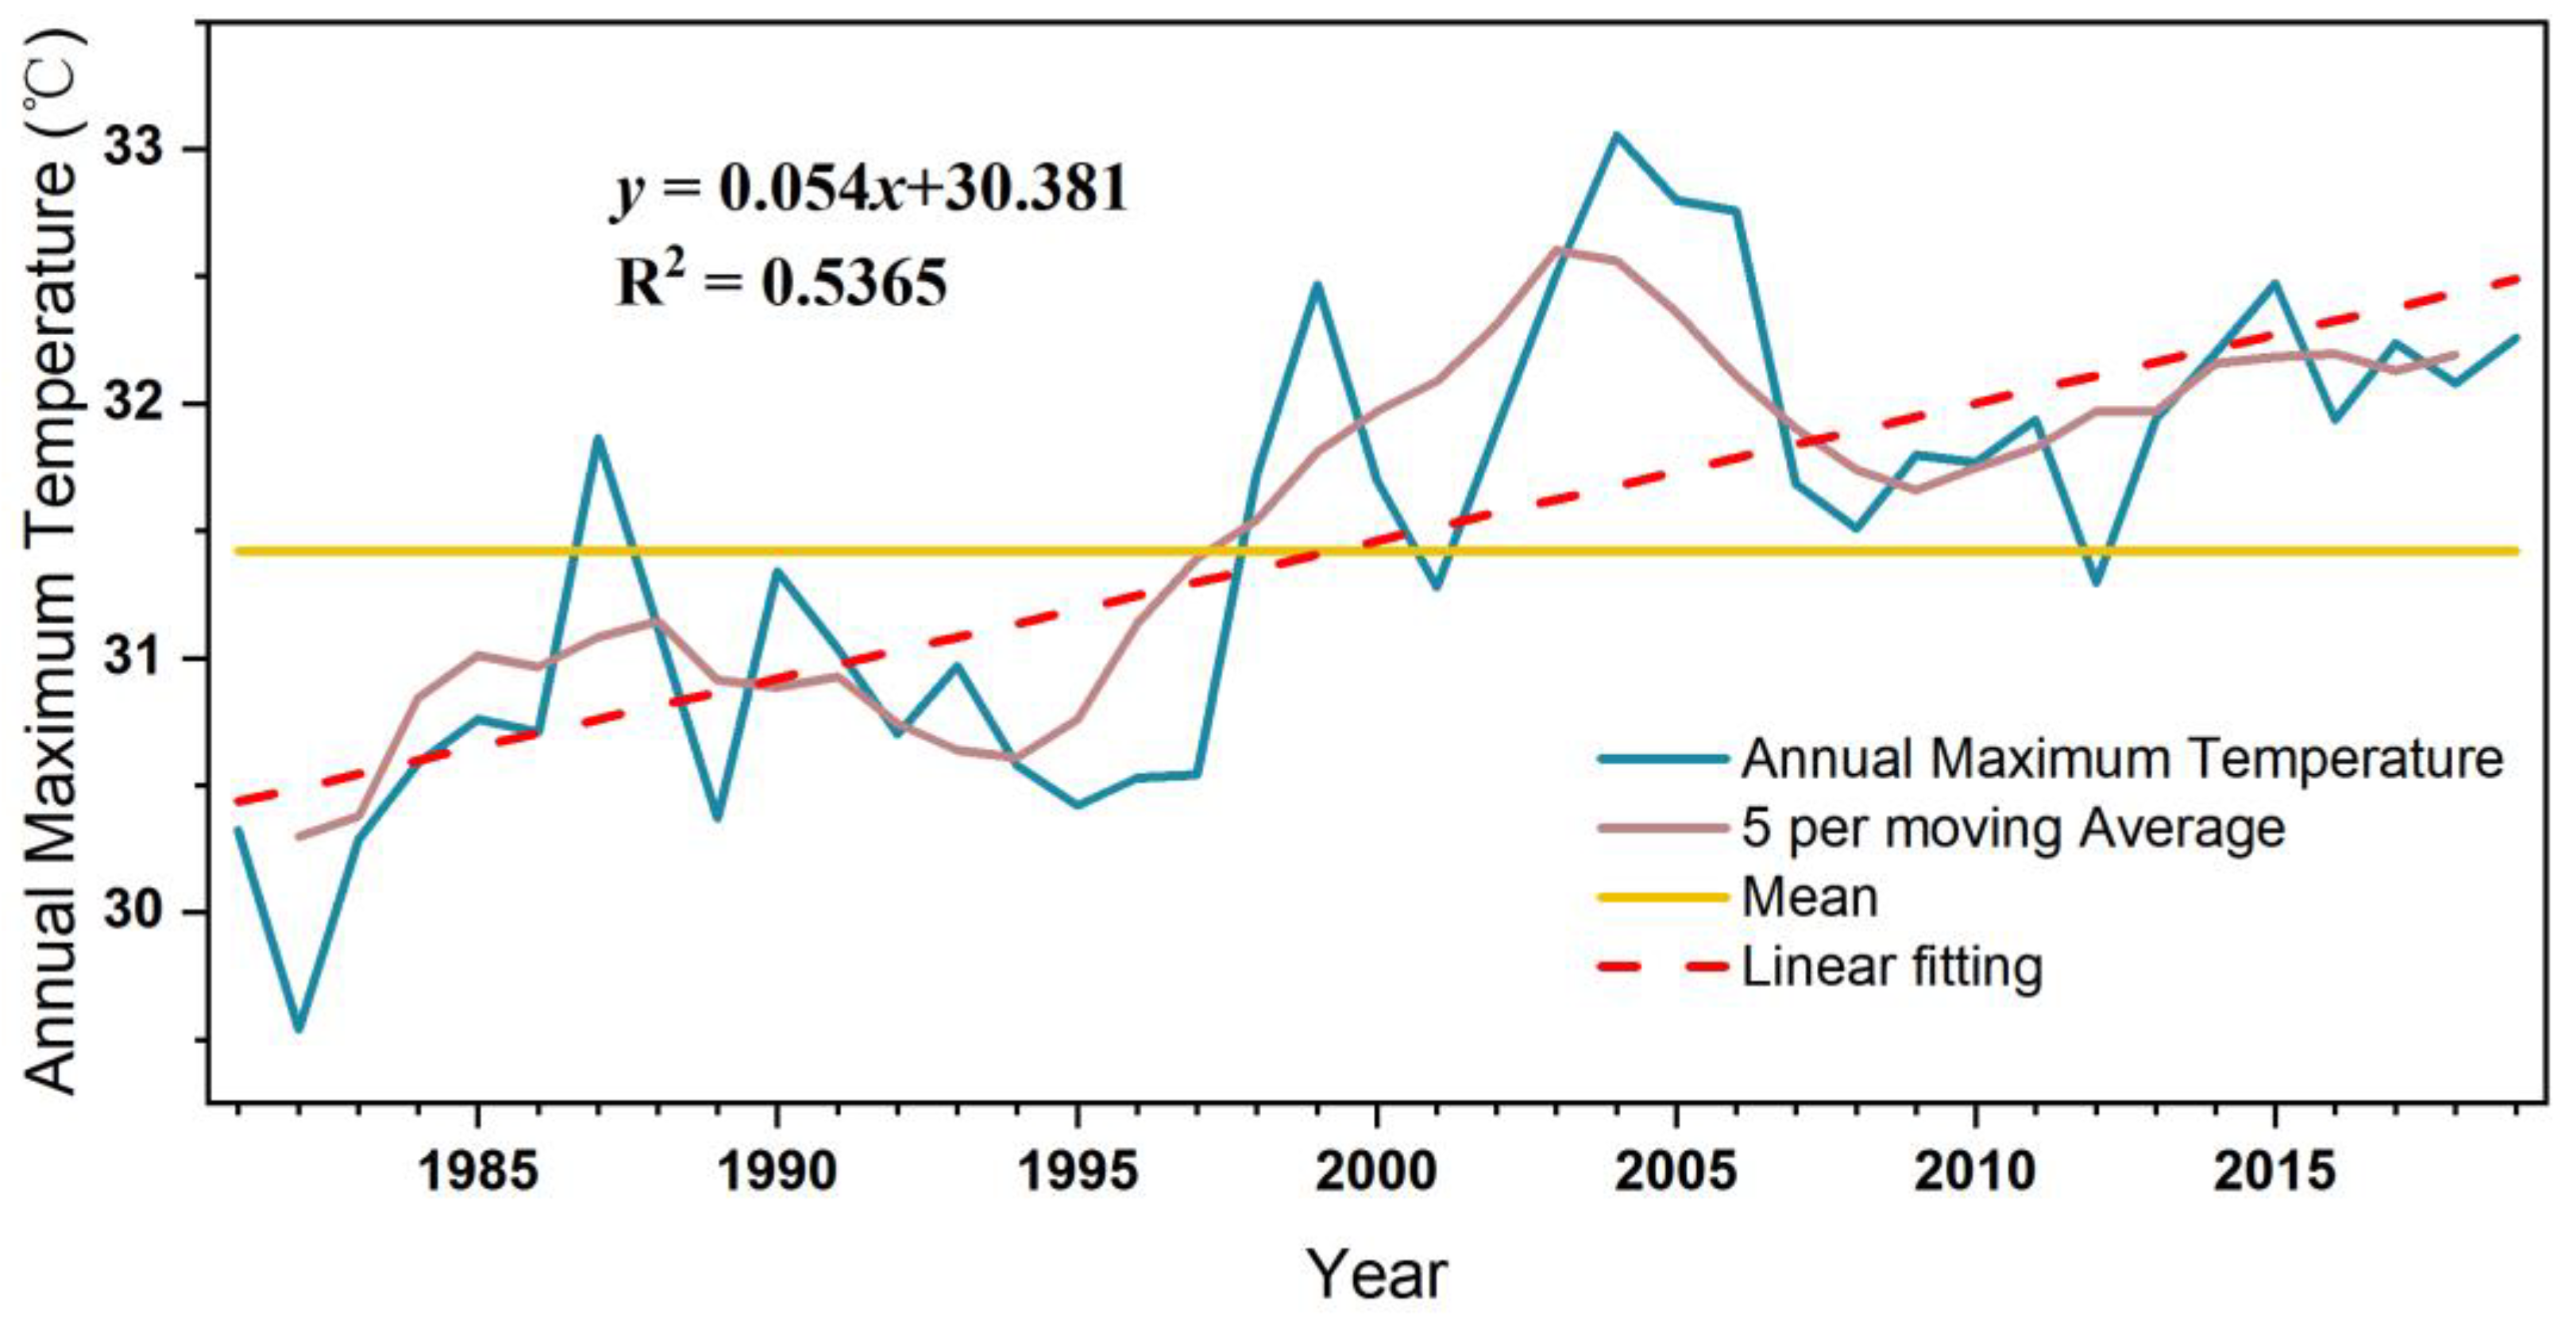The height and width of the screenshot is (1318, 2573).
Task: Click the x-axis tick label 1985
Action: pos(477,1170)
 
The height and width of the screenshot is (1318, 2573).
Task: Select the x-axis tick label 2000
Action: pos(1376,1170)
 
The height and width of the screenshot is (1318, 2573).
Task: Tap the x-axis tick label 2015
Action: pos(2274,1170)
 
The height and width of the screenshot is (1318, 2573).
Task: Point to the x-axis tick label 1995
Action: pos(1077,1170)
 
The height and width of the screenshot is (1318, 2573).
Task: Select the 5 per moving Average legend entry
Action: pos(2012,828)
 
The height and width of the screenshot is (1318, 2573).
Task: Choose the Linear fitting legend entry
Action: pos(1892,966)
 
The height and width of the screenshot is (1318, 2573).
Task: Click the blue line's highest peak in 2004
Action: pos(1616,134)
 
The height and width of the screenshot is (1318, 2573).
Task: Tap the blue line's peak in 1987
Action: pos(597,437)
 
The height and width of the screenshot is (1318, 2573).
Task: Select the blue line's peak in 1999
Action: pos(1317,284)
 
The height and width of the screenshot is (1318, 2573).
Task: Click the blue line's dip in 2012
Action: pos(2096,583)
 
